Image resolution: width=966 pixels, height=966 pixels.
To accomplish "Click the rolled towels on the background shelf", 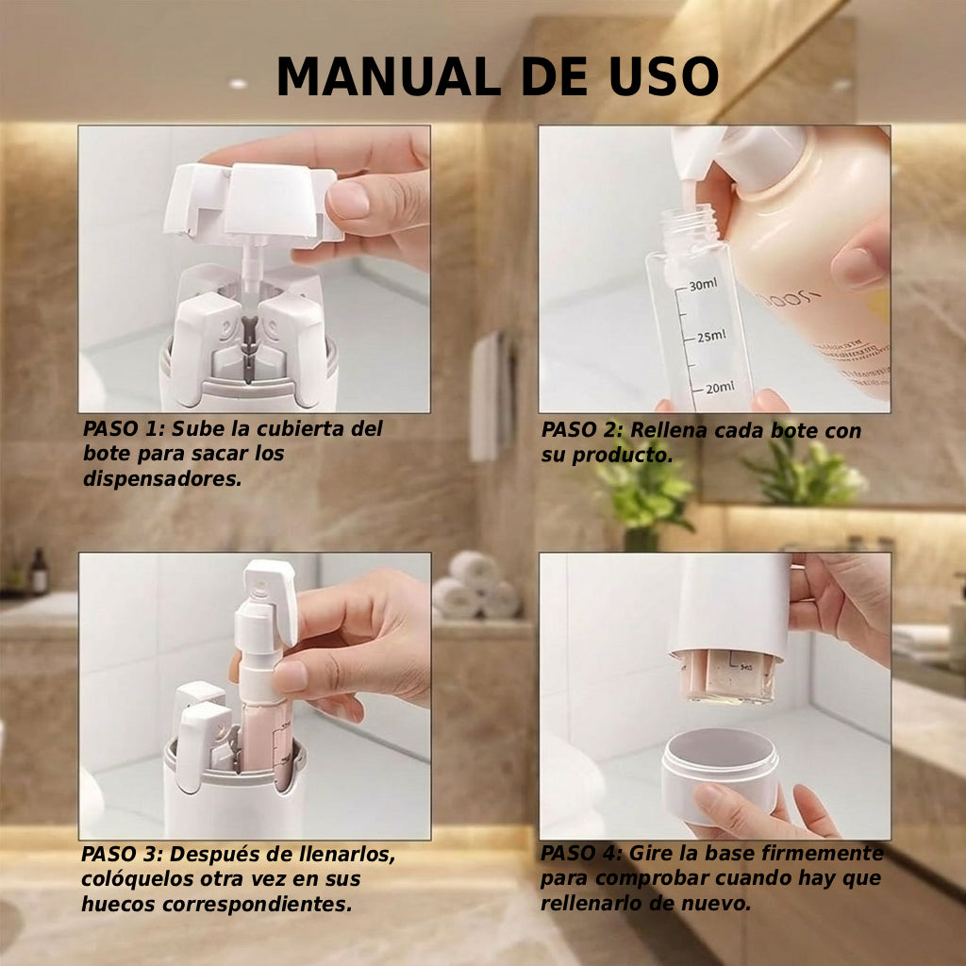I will point(475,587).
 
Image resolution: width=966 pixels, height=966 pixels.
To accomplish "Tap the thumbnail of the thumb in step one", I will point(350,199).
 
